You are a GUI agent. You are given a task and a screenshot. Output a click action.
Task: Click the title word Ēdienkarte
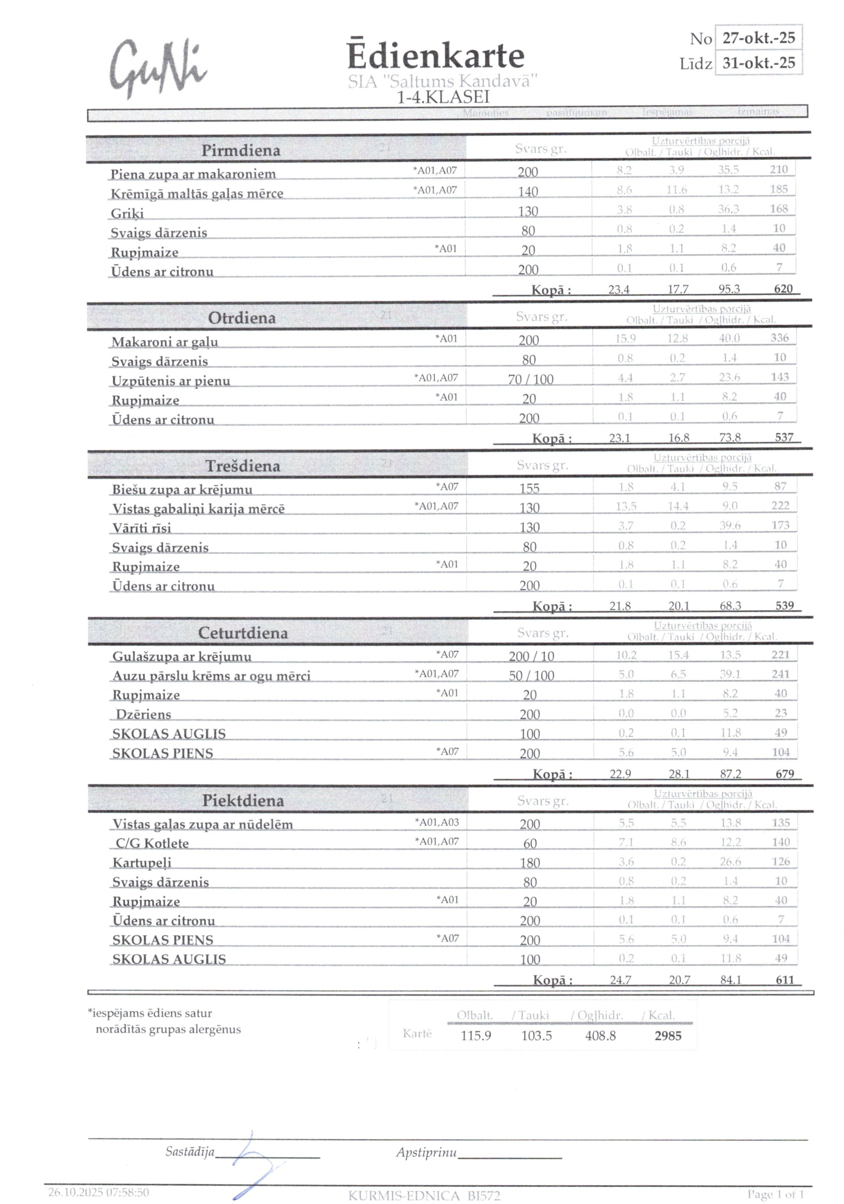pyautogui.click(x=435, y=56)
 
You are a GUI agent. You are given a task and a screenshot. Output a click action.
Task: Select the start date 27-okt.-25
pyautogui.click(x=758, y=38)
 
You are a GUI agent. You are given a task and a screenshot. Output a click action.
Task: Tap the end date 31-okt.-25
pyautogui.click(x=758, y=63)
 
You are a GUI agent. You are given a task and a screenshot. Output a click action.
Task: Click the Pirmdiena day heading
pyautogui.click(x=241, y=150)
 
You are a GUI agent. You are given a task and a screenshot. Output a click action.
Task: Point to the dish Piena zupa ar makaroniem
pyautogui.click(x=193, y=174)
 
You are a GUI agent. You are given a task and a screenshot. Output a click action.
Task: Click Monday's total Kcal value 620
pyautogui.click(x=783, y=289)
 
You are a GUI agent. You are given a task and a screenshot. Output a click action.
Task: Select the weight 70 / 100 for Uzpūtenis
pyautogui.click(x=530, y=379)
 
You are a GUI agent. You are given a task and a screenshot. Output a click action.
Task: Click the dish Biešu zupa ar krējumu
pyautogui.click(x=182, y=490)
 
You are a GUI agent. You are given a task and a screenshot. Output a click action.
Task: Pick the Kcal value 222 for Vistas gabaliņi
pyautogui.click(x=780, y=506)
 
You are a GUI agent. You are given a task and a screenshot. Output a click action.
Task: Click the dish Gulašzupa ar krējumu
pyautogui.click(x=181, y=657)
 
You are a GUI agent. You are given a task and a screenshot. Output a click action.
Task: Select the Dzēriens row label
pyautogui.click(x=143, y=715)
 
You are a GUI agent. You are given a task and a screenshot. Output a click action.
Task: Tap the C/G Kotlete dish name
pyautogui.click(x=152, y=843)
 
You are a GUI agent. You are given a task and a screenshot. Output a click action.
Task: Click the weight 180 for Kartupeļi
pyautogui.click(x=530, y=863)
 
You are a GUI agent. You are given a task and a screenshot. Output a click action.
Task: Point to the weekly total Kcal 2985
pyautogui.click(x=668, y=1036)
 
